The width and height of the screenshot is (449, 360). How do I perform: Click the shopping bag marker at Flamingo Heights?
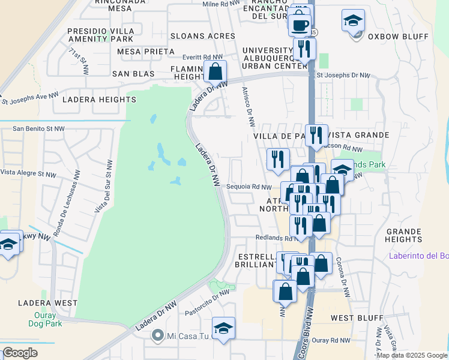[214, 71]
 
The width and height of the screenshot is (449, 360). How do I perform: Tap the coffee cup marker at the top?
[300, 25]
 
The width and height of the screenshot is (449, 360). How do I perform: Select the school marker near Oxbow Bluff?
[354, 20]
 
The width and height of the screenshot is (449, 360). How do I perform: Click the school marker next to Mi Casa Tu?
[223, 328]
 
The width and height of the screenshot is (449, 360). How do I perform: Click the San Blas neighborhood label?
[133, 74]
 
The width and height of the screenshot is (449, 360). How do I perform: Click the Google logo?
[20, 352]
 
